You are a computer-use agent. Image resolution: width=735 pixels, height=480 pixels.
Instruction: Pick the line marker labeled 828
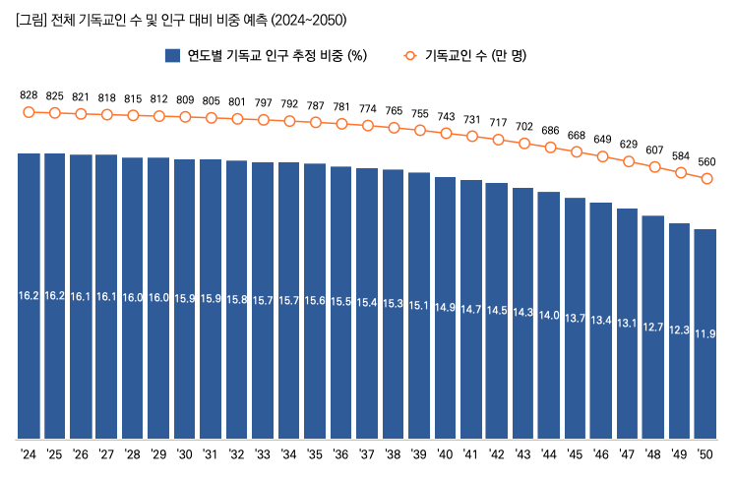click(x=29, y=112)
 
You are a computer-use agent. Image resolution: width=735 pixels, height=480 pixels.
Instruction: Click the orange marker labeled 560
click(x=705, y=178)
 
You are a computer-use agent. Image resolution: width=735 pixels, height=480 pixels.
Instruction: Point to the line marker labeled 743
click(x=446, y=133)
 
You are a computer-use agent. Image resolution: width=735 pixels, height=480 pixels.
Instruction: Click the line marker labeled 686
click(x=550, y=149)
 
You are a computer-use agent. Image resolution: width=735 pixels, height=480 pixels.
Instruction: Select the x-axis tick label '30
click(x=184, y=455)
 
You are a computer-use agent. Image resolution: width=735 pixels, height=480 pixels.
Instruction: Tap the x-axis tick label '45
click(x=575, y=455)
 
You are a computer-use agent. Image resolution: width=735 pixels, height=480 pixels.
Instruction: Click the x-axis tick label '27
click(x=106, y=455)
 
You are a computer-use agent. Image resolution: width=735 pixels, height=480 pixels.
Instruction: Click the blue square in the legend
click(x=172, y=56)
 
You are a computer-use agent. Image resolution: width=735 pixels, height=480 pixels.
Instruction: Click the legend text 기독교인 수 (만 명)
click(x=475, y=56)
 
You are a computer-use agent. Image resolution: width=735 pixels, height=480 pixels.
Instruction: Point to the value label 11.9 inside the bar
click(x=705, y=334)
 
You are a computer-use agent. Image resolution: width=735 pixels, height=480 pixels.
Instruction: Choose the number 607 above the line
click(x=653, y=150)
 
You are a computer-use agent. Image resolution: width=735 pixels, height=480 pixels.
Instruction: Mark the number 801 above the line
click(x=236, y=101)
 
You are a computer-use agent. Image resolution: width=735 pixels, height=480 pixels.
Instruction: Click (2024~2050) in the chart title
click(x=308, y=20)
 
